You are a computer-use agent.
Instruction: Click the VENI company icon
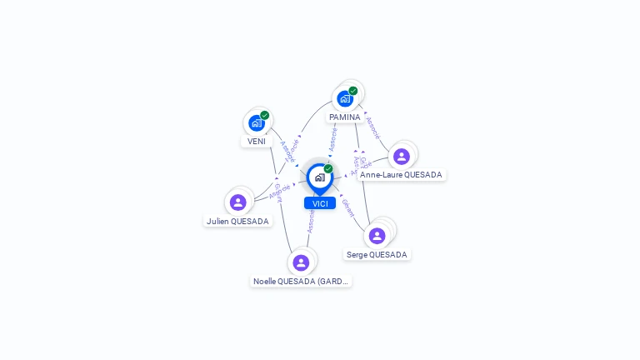(x=257, y=123)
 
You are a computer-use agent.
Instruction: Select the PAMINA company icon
(x=345, y=98)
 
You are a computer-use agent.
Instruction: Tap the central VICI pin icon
(x=319, y=177)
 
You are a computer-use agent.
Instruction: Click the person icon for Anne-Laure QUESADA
(x=402, y=156)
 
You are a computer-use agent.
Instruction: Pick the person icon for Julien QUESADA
(x=238, y=202)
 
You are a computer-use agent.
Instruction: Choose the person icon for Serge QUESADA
(x=377, y=236)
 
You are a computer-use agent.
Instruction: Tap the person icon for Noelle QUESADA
(x=301, y=262)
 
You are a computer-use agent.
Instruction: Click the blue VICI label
(x=320, y=203)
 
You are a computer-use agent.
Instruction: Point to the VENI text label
(x=257, y=142)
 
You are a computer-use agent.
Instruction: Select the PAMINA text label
(x=344, y=117)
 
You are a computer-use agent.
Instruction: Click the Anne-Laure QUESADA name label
(x=402, y=175)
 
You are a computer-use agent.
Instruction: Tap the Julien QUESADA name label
(x=238, y=222)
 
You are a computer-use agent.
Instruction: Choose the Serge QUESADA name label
(x=377, y=255)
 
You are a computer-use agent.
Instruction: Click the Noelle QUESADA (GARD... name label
(x=301, y=282)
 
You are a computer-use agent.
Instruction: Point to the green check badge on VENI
(x=265, y=116)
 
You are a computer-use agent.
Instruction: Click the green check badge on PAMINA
(x=353, y=91)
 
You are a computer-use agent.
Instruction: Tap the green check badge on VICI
(x=328, y=169)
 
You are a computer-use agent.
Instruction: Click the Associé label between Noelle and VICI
(x=311, y=221)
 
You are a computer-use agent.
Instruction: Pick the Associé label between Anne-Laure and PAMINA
(x=372, y=127)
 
